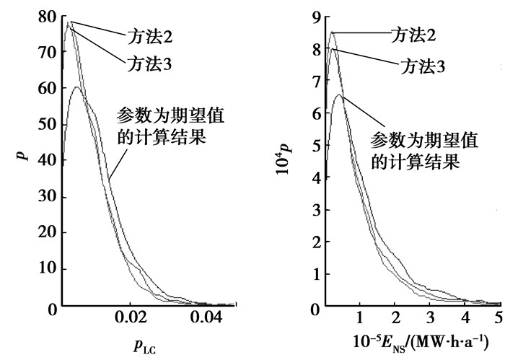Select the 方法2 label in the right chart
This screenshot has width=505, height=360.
412,33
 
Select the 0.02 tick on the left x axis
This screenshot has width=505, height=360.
130,317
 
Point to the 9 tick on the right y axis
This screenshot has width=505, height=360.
315,15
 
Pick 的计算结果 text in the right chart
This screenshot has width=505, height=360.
415,161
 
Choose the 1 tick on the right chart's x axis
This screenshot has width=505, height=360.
359,317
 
